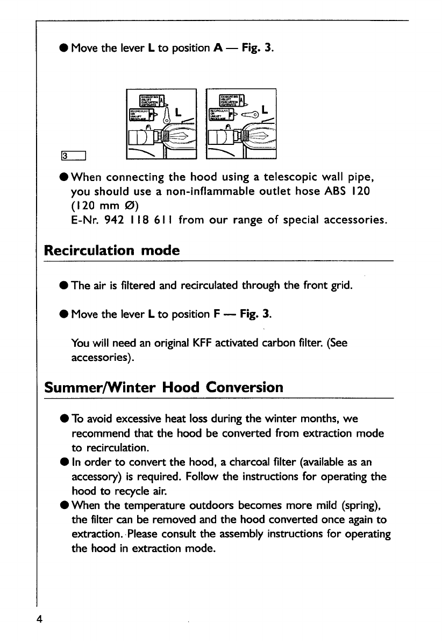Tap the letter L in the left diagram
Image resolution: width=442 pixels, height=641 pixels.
click(x=177, y=113)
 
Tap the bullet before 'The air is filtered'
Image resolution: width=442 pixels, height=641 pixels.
click(x=63, y=285)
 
